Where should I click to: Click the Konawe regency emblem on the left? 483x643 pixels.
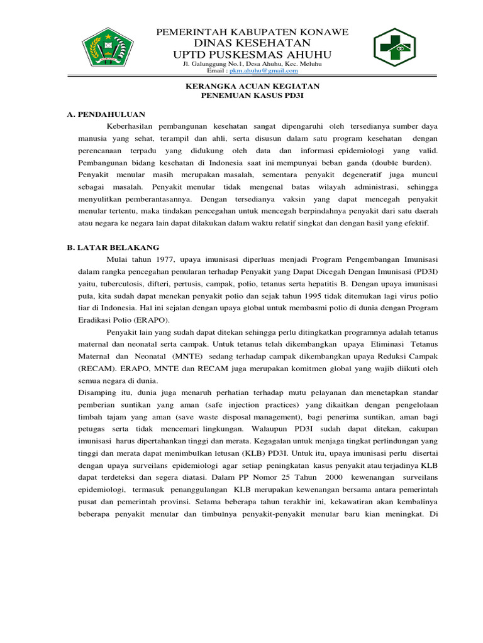point(110,48)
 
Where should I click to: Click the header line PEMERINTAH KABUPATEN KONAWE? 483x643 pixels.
point(252,32)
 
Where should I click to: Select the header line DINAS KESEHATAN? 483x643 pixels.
point(252,43)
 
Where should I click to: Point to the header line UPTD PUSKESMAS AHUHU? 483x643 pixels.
point(252,55)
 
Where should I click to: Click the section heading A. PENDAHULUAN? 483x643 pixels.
point(106,114)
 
